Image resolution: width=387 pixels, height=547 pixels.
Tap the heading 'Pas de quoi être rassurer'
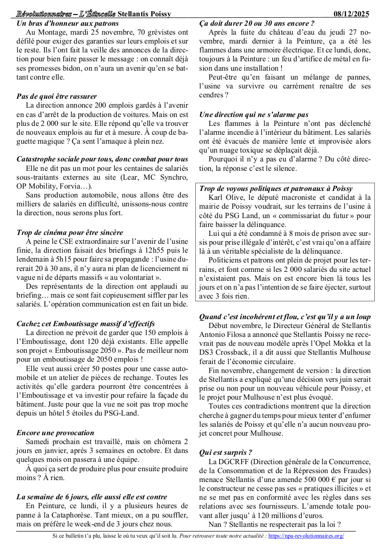[57, 96]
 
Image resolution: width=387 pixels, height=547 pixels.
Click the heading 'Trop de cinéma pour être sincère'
[70, 232]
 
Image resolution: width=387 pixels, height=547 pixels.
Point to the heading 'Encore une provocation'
[55, 432]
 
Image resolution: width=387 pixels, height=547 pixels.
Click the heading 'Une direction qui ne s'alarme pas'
[253, 114]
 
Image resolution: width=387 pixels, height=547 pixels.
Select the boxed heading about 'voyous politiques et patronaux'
[276, 189]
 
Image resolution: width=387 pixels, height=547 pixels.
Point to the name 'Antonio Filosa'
[224, 334]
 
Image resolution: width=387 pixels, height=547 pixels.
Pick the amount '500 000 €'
[317, 480]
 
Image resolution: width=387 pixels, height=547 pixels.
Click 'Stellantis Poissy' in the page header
[144, 14]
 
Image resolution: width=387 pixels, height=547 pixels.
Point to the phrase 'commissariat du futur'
[318, 216]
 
